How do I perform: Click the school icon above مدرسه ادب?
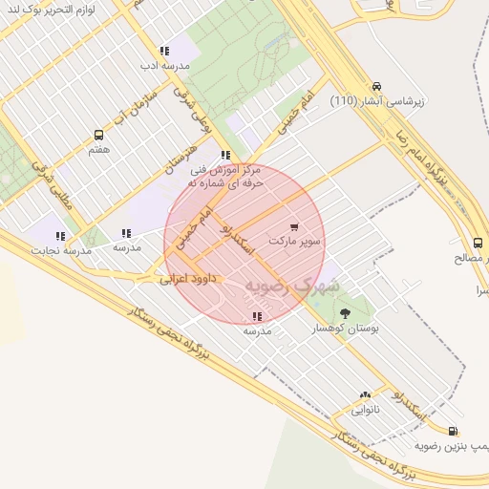coord(164,51)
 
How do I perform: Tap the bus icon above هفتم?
coord(98,136)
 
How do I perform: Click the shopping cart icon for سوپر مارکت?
coord(294,227)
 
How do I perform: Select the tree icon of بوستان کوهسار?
coord(346,312)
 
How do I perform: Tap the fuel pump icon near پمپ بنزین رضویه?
coord(452,431)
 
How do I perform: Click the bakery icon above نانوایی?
coord(365,395)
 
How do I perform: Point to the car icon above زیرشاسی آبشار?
coord(377,86)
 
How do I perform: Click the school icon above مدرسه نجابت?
coord(60,235)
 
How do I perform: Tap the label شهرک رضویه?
coord(291,285)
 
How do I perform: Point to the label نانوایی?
coord(365,411)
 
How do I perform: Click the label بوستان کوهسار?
coord(347,328)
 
